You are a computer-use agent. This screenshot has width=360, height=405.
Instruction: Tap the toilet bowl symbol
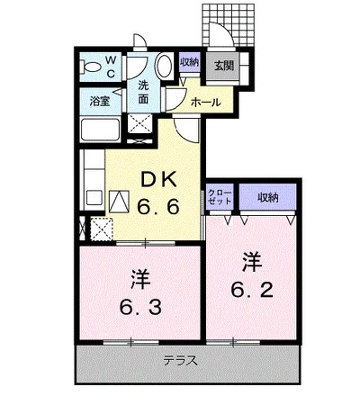[90, 67]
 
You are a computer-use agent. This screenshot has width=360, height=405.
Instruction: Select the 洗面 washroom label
[143, 91]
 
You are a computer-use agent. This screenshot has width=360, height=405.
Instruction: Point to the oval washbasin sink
[163, 67]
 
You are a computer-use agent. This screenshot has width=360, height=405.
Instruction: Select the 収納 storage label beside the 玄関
[188, 62]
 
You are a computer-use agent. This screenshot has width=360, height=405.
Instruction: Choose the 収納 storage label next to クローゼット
[265, 196]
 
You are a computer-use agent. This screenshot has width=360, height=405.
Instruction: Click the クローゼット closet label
[219, 196]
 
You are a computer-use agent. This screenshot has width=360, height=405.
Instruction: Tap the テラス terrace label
[181, 362]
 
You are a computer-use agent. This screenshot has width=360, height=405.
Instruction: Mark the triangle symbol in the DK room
[120, 199]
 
